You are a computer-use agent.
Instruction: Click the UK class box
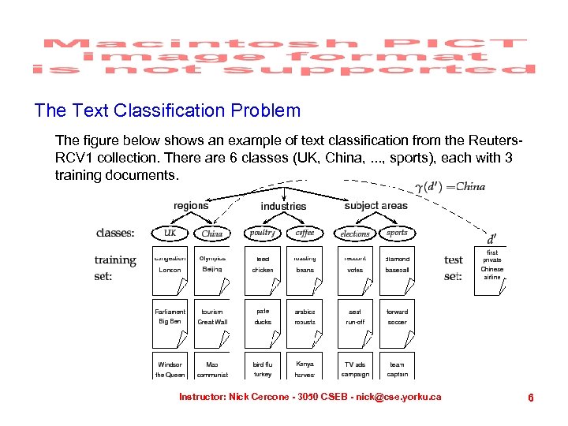[x=170, y=233]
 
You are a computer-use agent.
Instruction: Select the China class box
[x=212, y=233]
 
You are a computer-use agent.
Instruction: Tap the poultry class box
[x=262, y=233]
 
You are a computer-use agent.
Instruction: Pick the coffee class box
[x=305, y=233]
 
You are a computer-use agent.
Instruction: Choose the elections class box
[x=355, y=233]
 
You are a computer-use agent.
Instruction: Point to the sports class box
[x=397, y=233]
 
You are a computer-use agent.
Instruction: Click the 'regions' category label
[x=191, y=206]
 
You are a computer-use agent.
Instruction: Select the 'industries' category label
[x=283, y=206]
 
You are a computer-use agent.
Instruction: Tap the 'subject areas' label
[x=376, y=206]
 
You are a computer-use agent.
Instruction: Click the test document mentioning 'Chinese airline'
[x=491, y=269]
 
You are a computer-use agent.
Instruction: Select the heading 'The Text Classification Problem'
[x=167, y=110]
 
